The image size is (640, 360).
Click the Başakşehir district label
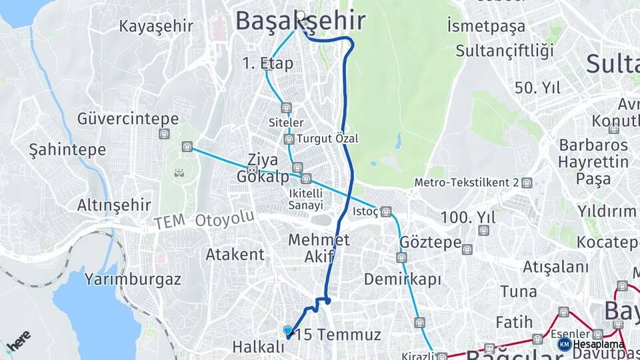300,21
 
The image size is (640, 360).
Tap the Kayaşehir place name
156,27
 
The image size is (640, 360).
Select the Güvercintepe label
128,119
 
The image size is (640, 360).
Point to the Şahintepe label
67,150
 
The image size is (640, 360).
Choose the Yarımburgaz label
133,279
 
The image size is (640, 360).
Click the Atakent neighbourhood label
235,254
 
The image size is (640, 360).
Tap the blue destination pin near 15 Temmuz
288,330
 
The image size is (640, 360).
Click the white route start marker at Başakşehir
301,15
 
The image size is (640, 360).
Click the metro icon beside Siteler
287,107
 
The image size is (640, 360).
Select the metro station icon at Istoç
387,212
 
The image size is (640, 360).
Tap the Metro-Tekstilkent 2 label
467,183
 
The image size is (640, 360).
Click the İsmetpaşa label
486,27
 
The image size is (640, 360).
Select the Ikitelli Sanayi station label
306,199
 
